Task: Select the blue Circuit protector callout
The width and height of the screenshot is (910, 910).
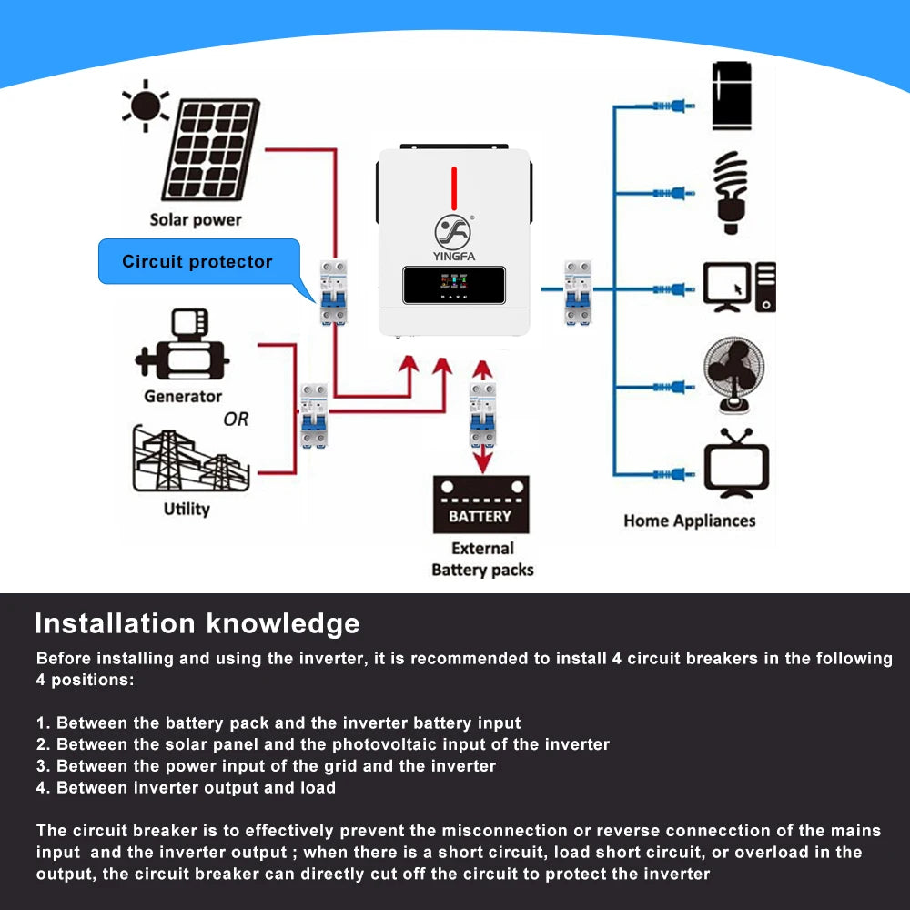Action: click(198, 261)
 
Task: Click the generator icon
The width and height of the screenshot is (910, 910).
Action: click(181, 347)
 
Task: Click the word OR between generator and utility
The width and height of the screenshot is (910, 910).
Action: click(236, 420)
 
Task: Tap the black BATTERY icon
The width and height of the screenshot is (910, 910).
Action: click(480, 505)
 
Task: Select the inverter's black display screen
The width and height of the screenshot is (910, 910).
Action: click(454, 285)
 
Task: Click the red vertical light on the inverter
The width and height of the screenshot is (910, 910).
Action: click(453, 187)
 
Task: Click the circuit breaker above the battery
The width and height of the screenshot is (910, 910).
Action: click(483, 414)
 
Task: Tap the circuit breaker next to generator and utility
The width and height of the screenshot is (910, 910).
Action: click(314, 415)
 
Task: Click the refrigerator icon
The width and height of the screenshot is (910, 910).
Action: click(732, 95)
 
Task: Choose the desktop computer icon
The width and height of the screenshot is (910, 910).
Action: click(739, 287)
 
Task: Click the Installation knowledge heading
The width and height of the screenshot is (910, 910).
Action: click(197, 623)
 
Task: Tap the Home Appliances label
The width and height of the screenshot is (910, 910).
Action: click(689, 521)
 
